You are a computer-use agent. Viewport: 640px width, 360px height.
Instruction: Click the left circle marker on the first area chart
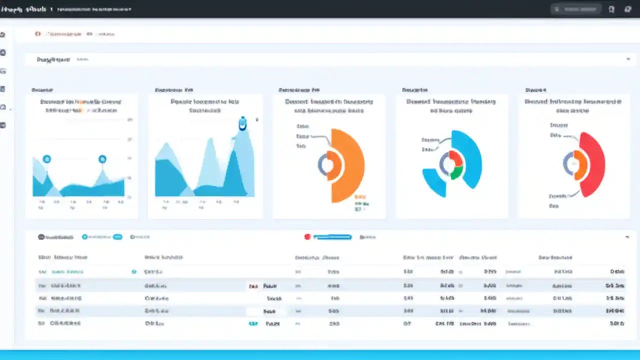(46, 159)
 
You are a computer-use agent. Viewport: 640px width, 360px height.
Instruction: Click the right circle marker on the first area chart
(102, 159)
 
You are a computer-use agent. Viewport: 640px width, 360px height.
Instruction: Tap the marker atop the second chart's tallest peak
(242, 124)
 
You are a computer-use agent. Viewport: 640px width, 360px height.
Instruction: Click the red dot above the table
(307, 237)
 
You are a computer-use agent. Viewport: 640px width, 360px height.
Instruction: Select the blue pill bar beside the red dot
(332, 237)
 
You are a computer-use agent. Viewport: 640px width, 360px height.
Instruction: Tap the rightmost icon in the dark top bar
(628, 9)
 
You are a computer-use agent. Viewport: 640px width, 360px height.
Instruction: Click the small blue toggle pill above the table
(117, 237)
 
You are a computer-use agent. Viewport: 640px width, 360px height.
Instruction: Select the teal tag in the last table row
(253, 323)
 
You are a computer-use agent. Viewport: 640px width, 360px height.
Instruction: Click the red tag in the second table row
(253, 286)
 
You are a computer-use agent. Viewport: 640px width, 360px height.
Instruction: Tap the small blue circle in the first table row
(134, 272)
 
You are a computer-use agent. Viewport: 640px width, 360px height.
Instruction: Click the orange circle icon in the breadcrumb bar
(37, 34)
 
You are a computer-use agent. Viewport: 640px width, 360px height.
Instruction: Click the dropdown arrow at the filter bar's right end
(628, 59)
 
